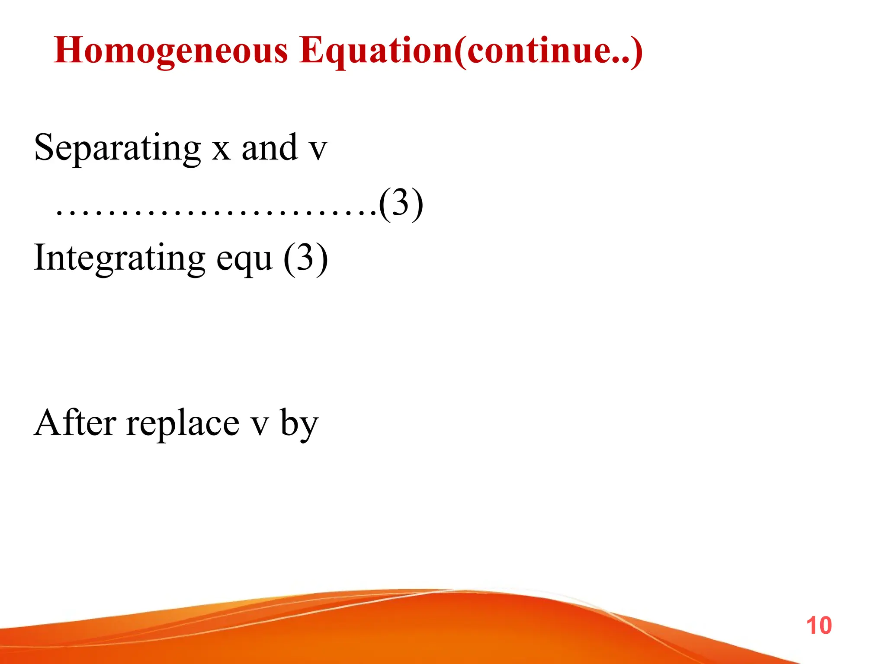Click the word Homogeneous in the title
point(171,51)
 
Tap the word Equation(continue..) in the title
point(471,51)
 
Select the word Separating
point(117,148)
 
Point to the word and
point(270,148)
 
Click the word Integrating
point(119,259)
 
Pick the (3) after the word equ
point(305,259)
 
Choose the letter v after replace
point(260,425)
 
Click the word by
point(299,425)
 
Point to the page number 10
point(819,626)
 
